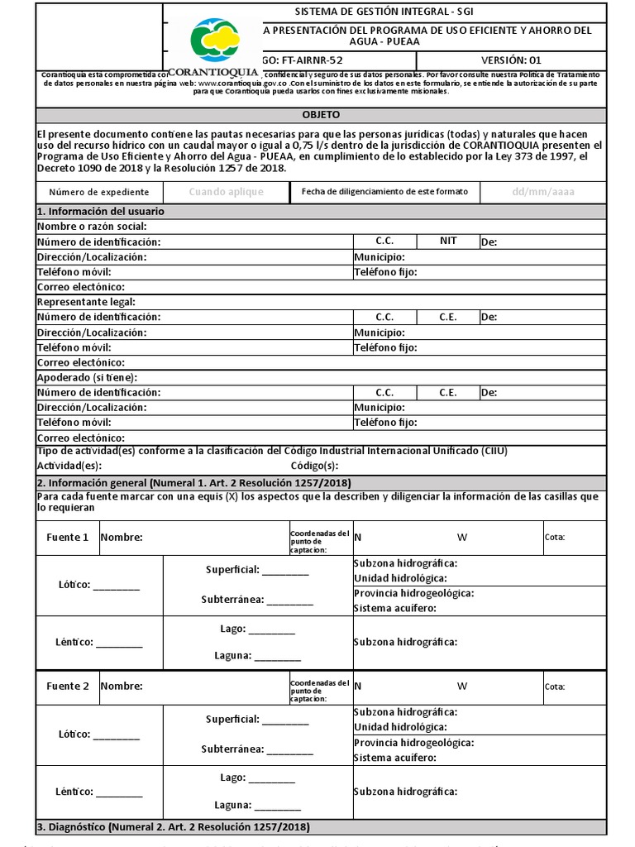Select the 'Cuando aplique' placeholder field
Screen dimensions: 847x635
coord(226,192)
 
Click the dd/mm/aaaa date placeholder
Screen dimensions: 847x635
coord(542,192)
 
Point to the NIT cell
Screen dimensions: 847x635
coord(447,241)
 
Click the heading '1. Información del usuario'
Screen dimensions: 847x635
coord(100,212)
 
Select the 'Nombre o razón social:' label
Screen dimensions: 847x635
coord(92,227)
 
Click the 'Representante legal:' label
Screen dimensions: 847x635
coord(86,302)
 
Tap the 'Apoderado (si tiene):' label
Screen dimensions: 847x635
coord(87,377)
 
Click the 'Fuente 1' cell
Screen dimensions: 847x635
coord(67,538)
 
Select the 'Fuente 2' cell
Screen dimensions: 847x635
coord(67,687)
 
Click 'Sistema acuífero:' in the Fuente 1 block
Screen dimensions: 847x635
coord(395,608)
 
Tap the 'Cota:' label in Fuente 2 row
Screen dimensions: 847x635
coord(555,687)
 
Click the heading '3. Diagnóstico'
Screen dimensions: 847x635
coord(173,827)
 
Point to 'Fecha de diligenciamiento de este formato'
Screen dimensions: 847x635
coord(384,192)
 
